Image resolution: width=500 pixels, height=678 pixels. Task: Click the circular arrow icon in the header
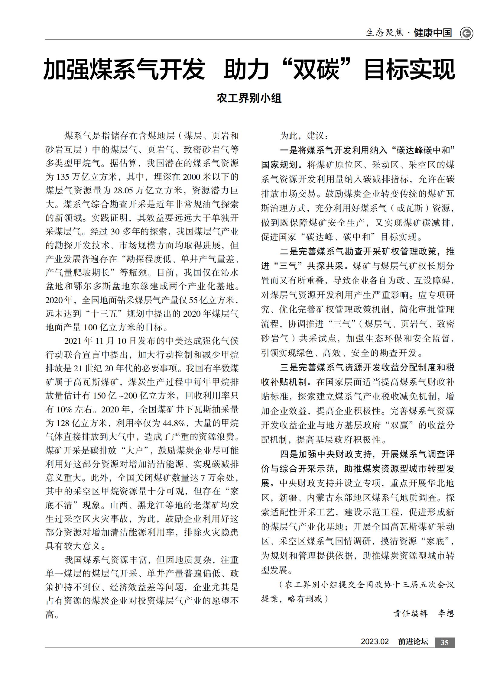(x=466, y=33)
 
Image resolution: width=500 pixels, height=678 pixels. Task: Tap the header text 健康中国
(x=433, y=33)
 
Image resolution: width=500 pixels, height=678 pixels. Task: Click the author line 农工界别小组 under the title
(x=249, y=98)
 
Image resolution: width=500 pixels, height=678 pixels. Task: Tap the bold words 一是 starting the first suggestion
(x=288, y=150)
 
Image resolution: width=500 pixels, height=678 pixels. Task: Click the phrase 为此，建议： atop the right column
(x=304, y=136)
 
